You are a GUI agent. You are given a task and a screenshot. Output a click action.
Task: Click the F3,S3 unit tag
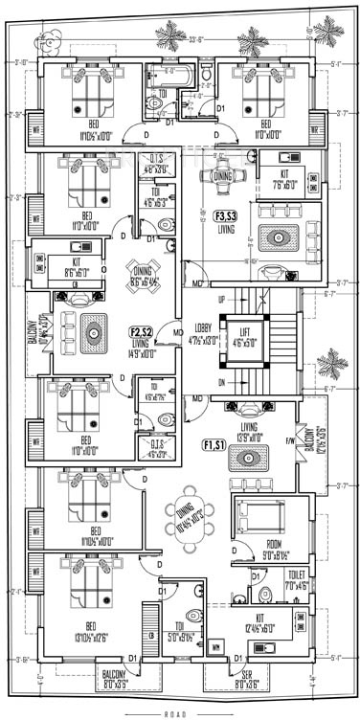click(227, 215)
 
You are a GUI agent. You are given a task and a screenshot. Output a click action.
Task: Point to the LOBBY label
click(202, 332)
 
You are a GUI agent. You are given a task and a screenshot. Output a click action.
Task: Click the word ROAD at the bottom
click(179, 714)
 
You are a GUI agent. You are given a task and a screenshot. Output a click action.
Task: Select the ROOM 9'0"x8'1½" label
click(257, 550)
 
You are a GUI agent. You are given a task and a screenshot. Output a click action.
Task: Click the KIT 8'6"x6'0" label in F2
click(77, 266)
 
